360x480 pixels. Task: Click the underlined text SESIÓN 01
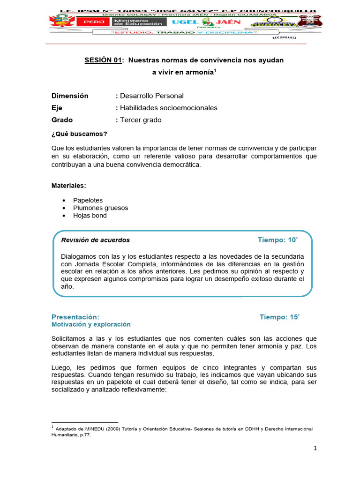point(103,60)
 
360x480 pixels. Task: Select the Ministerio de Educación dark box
point(137,22)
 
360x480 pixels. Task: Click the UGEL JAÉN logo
point(207,22)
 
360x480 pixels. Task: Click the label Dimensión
point(70,96)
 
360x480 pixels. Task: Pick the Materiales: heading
point(68,186)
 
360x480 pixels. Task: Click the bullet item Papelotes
point(88,200)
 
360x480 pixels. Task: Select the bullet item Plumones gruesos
point(100,208)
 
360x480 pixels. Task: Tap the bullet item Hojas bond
point(90,216)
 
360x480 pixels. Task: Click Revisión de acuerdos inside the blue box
point(96,240)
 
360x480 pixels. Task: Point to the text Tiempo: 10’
point(277,240)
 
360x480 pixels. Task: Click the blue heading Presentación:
point(75,317)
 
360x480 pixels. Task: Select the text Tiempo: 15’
point(279,317)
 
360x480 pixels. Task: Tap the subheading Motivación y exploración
point(91,324)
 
